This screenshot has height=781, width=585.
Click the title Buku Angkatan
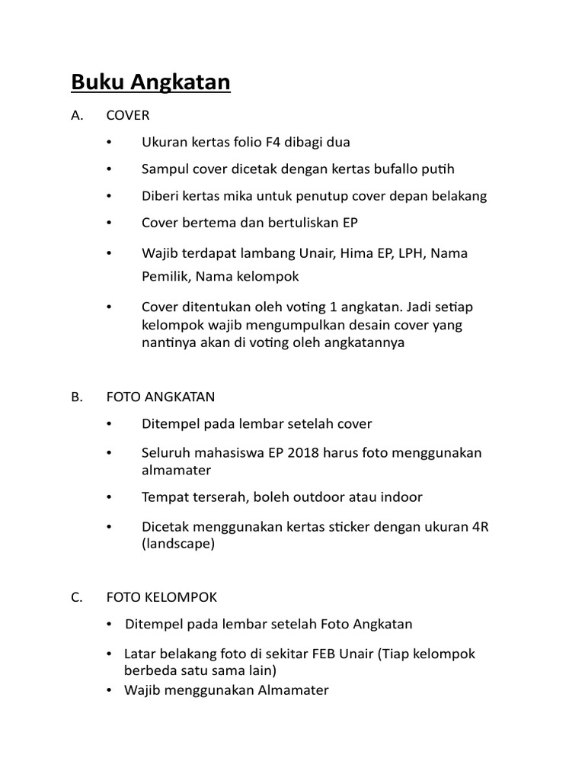tap(151, 82)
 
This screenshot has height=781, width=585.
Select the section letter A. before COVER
tap(76, 116)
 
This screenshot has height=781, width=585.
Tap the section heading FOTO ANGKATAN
tap(160, 397)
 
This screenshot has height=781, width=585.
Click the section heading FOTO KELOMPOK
tap(161, 597)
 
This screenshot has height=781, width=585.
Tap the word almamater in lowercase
tap(176, 471)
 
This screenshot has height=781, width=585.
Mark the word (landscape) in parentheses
tap(178, 545)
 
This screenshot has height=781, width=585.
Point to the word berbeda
tap(149, 671)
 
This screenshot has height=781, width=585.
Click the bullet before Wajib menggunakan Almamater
tap(111, 690)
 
